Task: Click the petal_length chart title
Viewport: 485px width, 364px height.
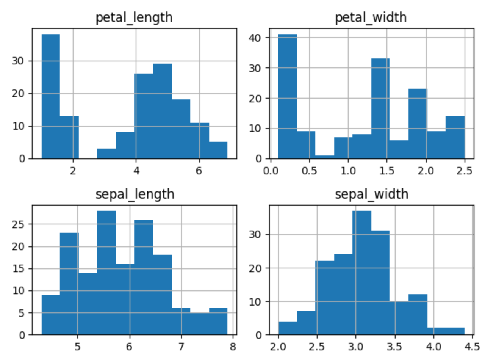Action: pyautogui.click(x=134, y=17)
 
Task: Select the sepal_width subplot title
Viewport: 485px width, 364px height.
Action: pyautogui.click(x=371, y=194)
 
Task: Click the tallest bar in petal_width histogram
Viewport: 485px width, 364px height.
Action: pyautogui.click(x=288, y=96)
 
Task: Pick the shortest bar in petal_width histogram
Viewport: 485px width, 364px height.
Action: pyautogui.click(x=325, y=157)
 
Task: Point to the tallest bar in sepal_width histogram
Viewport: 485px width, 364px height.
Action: pyautogui.click(x=362, y=273)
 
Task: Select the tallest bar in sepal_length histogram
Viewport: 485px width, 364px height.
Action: pyautogui.click(x=106, y=273)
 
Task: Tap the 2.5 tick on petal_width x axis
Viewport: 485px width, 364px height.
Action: pyautogui.click(x=465, y=171)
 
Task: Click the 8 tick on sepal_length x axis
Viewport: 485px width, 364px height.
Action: pyautogui.click(x=233, y=347)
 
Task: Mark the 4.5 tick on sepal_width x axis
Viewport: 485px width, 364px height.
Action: pyautogui.click(x=472, y=347)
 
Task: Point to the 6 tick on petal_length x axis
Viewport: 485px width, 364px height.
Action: pyautogui.click(x=199, y=171)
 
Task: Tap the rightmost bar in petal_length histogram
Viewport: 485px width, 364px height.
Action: pyautogui.click(x=218, y=150)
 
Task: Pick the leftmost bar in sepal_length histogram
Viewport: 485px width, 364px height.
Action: pyautogui.click(x=51, y=315)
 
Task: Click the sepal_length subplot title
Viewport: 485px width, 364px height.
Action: pyautogui.click(x=135, y=194)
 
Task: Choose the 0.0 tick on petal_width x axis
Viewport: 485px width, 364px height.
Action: pyautogui.click(x=271, y=171)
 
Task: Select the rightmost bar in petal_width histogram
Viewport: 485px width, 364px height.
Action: pyautogui.click(x=455, y=137)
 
